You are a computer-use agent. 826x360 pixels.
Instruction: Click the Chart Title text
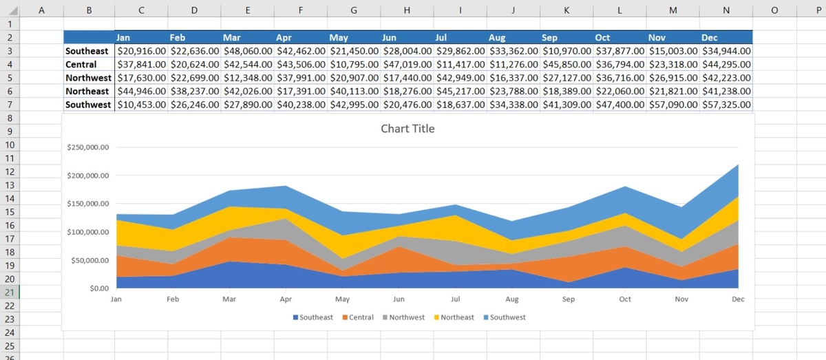tap(407, 129)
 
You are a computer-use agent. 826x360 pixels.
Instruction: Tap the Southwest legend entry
tap(507, 317)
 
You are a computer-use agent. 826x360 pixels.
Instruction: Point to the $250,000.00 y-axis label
tap(89, 148)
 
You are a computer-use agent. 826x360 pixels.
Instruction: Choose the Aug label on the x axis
tap(511, 299)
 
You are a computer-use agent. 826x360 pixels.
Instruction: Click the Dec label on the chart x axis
tap(738, 299)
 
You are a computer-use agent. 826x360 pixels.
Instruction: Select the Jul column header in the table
tap(442, 38)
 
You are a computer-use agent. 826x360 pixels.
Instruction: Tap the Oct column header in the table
tap(602, 38)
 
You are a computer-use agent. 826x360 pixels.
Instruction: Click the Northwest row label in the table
tap(87, 78)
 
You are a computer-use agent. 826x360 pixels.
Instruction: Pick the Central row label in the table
tap(81, 64)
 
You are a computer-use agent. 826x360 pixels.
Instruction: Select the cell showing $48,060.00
tap(248, 51)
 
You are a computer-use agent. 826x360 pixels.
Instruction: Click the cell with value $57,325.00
tap(726, 105)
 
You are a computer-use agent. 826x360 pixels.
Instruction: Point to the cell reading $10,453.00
tap(141, 105)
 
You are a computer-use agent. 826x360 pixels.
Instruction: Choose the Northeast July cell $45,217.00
tap(460, 92)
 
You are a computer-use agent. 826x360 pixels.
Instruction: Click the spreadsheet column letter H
tap(407, 10)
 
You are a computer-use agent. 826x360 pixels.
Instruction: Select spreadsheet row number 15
tap(10, 212)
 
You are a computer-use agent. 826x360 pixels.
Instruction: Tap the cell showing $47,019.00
tap(407, 64)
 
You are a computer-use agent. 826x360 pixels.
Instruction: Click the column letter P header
tap(818, 10)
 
